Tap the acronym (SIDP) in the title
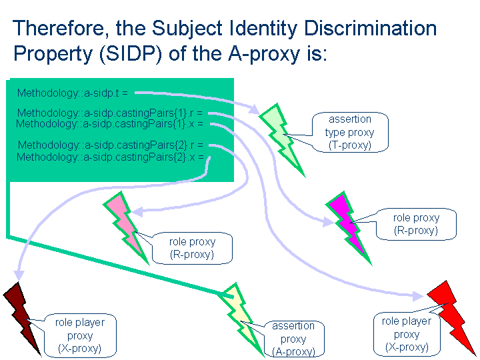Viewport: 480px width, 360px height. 131,53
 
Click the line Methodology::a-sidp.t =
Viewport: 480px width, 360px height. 73,93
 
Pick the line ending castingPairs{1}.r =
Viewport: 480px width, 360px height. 110,113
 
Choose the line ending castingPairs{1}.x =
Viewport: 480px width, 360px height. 109,124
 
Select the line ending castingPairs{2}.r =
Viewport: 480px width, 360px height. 111,145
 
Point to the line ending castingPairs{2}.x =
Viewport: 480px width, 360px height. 110,157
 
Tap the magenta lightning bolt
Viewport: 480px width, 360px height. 349,226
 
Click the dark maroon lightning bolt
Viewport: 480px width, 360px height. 22,319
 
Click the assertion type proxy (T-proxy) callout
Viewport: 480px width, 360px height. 350,132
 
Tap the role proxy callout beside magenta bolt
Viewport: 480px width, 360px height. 416,224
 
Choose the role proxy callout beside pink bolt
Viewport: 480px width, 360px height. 192,248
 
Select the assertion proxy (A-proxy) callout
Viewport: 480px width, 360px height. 293,339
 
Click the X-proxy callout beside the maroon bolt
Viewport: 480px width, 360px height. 80,335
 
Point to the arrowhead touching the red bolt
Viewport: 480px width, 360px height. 418,296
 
